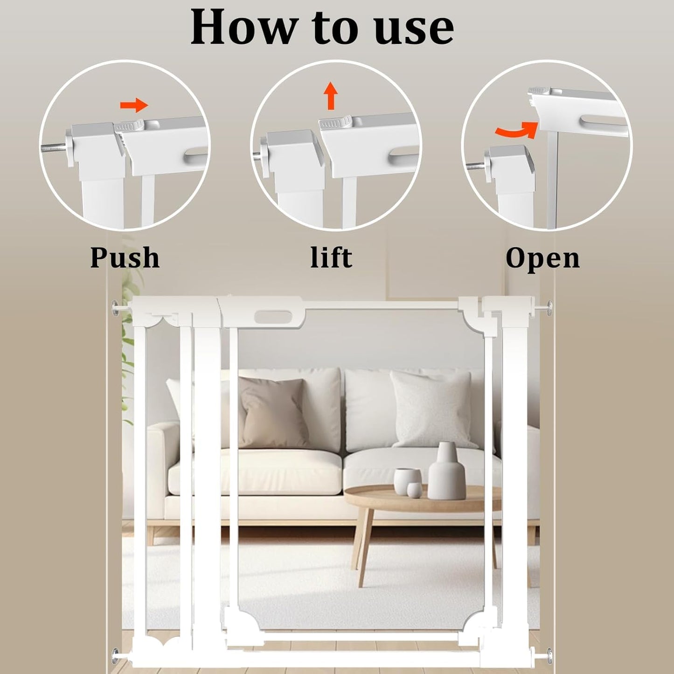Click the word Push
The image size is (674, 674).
coord(125,257)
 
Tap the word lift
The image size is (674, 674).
coord(331,257)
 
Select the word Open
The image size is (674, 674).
coord(542,258)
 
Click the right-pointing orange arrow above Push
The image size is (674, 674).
coord(134,106)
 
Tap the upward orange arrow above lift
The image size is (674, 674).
coord(331,95)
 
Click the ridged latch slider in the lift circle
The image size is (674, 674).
coord(334,123)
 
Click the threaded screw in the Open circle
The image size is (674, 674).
coord(475,164)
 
